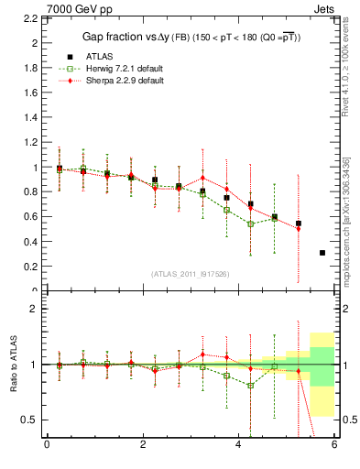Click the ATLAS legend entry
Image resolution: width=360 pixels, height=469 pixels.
tap(101, 55)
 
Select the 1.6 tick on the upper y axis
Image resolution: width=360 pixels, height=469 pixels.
tap(33, 93)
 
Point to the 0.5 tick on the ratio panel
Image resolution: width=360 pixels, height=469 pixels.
tap(31, 420)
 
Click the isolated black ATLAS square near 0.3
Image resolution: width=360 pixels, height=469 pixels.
tap(322, 253)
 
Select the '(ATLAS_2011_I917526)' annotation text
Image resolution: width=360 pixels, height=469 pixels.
tap(191, 274)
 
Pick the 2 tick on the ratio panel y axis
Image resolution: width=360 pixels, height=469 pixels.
tap(35, 309)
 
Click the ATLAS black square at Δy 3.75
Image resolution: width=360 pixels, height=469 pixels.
tap(227, 198)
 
